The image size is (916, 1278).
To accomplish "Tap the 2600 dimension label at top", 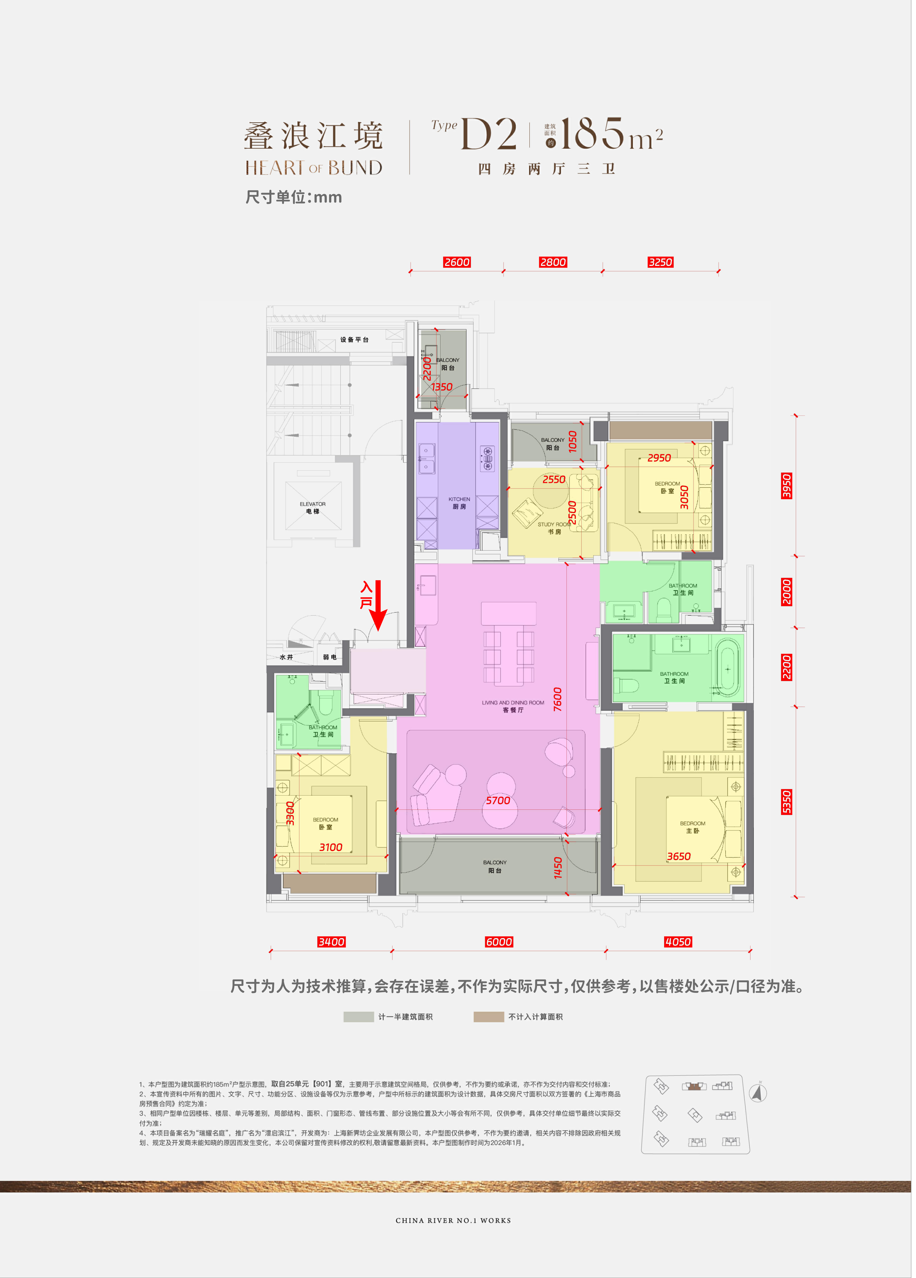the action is tap(457, 262).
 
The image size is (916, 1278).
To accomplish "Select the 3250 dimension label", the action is tap(660, 262).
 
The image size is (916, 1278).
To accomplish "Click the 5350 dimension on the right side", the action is tap(786, 802).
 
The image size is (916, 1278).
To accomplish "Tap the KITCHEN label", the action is tap(459, 499).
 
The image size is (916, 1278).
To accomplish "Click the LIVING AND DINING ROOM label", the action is tap(513, 703).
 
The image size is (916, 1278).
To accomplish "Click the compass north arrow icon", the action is tap(758, 1093).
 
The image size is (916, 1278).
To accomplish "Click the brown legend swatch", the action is tap(488, 1017).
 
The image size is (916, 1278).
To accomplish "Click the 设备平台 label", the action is tap(354, 340).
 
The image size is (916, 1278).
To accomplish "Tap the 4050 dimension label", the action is tap(678, 942).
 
